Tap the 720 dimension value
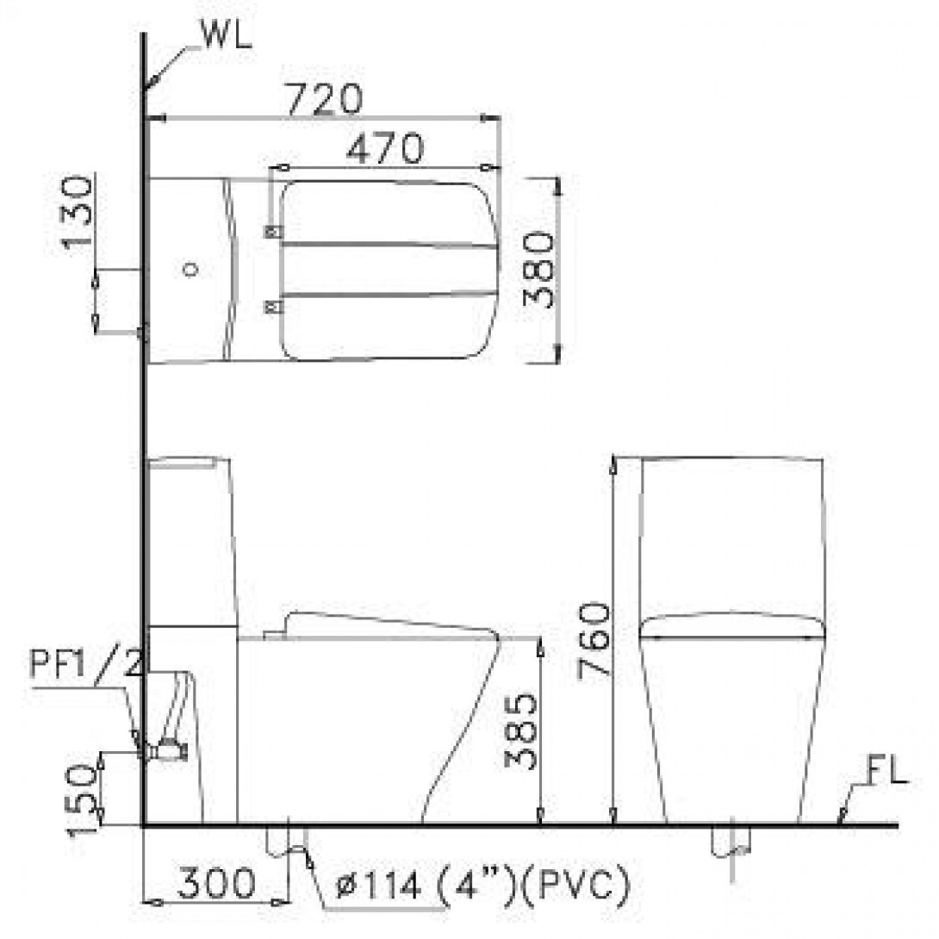(325, 98)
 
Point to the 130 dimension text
(78, 211)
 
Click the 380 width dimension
(538, 270)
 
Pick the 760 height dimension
(594, 642)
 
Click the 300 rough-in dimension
(216, 883)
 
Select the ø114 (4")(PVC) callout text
(482, 884)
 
